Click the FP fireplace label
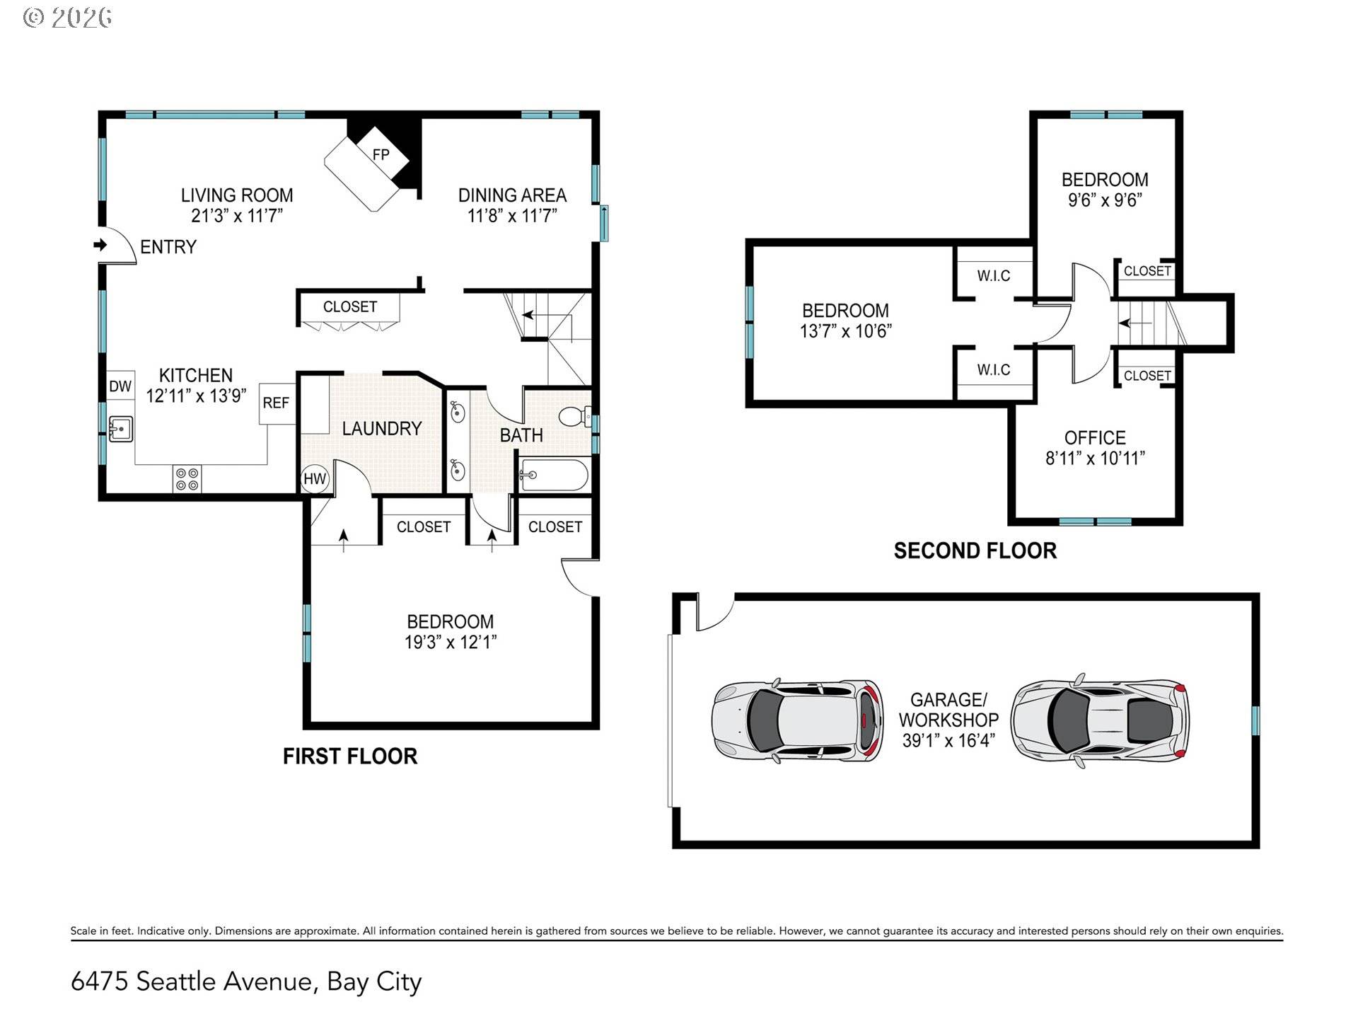pyautogui.click(x=381, y=154)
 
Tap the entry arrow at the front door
pyautogui.click(x=100, y=245)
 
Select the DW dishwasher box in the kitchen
pyautogui.click(x=120, y=386)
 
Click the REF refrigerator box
pyautogui.click(x=276, y=403)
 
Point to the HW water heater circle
pyautogui.click(x=314, y=479)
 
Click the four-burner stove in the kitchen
pyautogui.click(x=187, y=479)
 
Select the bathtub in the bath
pyautogui.click(x=554, y=476)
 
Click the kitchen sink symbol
pyautogui.click(x=121, y=429)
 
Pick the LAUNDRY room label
pyautogui.click(x=381, y=429)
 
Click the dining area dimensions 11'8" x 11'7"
pyautogui.click(x=512, y=216)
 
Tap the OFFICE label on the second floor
pyautogui.click(x=1094, y=437)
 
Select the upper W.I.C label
pyautogui.click(x=993, y=276)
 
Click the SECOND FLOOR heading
pyautogui.click(x=975, y=551)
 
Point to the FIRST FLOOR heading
pyautogui.click(x=350, y=756)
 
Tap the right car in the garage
pyautogui.click(x=1099, y=721)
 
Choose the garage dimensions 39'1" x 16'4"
pyautogui.click(x=948, y=741)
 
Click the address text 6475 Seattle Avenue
pyautogui.click(x=191, y=981)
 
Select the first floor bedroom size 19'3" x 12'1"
pyautogui.click(x=450, y=642)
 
